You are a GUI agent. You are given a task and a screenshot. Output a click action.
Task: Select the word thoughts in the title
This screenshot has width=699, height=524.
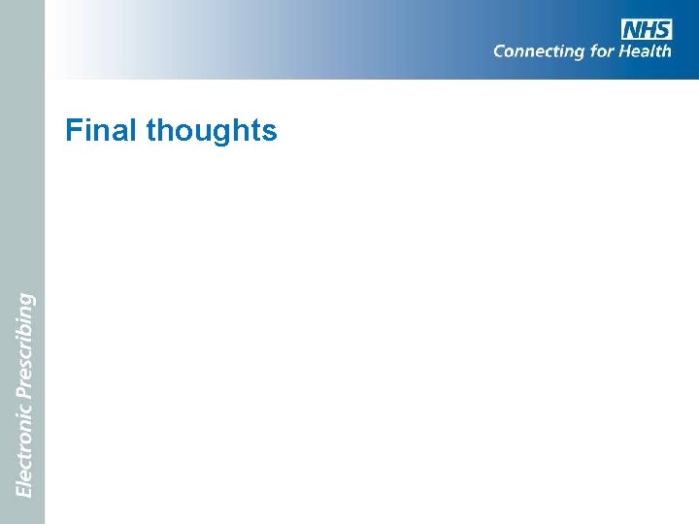(x=212, y=131)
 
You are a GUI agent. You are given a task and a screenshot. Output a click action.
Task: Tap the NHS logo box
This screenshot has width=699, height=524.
(x=647, y=29)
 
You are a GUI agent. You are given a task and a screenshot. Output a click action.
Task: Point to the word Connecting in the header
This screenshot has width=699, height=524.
(x=540, y=51)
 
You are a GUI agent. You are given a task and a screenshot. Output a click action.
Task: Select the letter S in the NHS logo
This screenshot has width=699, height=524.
(x=662, y=29)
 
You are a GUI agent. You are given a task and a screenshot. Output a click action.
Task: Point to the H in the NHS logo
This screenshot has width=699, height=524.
(x=647, y=29)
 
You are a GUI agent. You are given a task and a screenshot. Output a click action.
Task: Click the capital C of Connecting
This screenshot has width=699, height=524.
(x=499, y=50)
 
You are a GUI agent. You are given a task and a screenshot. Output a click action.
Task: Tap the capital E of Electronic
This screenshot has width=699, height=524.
(x=23, y=491)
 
